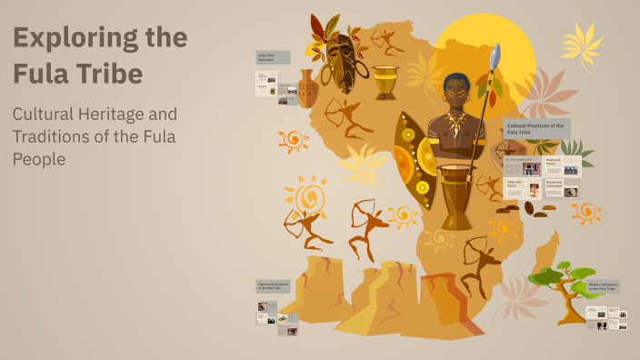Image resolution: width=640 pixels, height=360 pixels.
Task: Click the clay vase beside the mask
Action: point(307,87)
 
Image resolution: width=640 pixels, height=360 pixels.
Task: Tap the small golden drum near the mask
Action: point(385,82)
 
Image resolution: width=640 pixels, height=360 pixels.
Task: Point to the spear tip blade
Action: point(495,56)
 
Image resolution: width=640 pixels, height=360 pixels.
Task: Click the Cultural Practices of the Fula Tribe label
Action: point(536,128)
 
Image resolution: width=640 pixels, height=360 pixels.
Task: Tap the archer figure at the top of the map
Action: point(387,40)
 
